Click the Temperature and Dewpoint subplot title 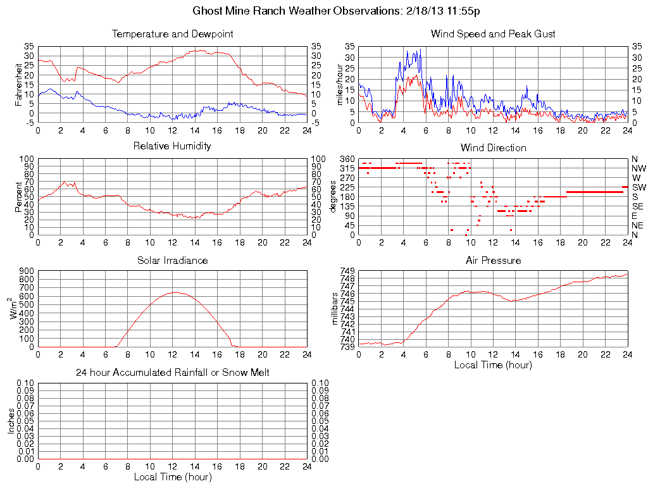point(172,34)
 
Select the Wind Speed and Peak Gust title point(493,34)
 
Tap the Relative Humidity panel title point(172,146)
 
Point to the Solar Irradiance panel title point(172,260)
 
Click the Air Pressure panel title point(493,260)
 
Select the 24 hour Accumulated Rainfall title point(172,373)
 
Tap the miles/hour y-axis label point(339,85)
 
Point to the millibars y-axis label point(335,308)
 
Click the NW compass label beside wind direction point(638,168)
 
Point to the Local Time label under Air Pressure point(493,364)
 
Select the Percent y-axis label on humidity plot point(18,197)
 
